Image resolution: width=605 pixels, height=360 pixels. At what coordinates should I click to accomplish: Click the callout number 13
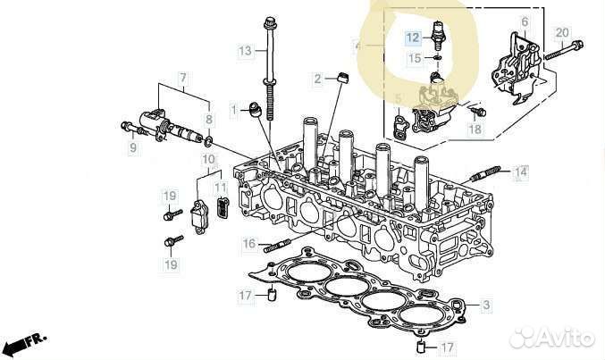(245, 51)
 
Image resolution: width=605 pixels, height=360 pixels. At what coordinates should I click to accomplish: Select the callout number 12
(412, 38)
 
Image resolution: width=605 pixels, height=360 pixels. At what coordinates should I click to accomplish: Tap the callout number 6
(525, 21)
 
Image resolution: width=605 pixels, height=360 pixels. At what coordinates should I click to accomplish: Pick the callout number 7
(183, 79)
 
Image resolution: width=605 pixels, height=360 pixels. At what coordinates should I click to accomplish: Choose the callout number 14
(521, 170)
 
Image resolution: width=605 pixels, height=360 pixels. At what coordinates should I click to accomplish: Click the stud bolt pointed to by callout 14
(493, 171)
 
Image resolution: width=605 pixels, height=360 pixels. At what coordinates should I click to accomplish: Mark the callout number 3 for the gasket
(485, 306)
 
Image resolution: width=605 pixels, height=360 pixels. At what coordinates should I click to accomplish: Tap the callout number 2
(317, 80)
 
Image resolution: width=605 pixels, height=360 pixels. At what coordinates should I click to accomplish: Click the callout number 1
(235, 110)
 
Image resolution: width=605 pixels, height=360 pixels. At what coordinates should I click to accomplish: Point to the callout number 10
(208, 160)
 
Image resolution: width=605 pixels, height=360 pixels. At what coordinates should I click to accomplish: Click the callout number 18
(474, 130)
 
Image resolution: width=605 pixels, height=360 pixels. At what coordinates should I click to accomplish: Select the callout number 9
(131, 147)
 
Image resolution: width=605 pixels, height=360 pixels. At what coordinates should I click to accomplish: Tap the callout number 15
(413, 58)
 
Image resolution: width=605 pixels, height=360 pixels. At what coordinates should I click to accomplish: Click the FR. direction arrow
(25, 342)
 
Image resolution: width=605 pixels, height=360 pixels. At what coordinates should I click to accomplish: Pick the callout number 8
(209, 119)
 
